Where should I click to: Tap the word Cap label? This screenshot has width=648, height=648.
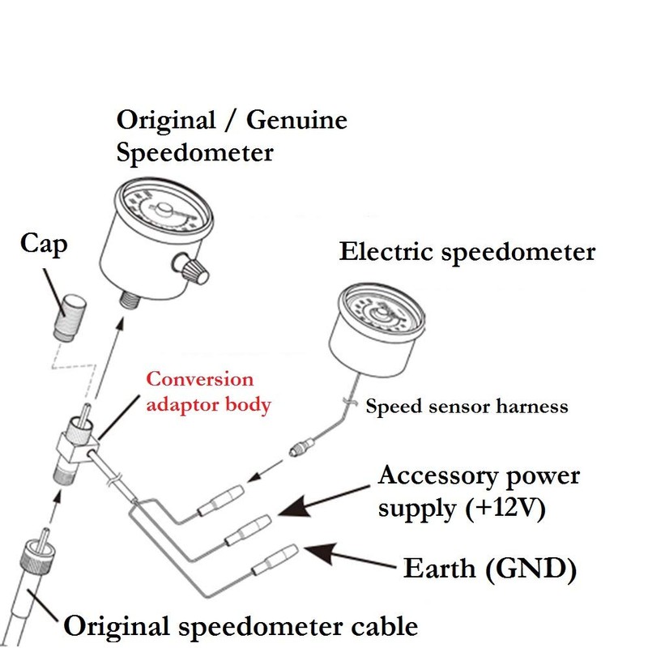44,244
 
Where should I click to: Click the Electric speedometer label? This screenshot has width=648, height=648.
467,252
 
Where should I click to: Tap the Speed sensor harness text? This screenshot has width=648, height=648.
467,406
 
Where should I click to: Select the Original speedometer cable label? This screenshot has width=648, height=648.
241,625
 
